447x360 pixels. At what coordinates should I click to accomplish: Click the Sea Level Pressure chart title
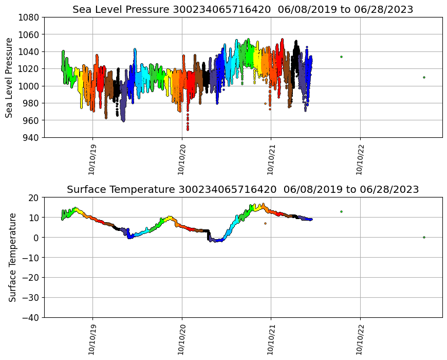pos(243,10)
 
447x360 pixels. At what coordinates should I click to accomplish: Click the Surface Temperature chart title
pos(243,190)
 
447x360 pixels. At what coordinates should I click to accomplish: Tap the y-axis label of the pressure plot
pos(9,77)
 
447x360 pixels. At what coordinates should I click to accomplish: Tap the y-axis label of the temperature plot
pos(12,257)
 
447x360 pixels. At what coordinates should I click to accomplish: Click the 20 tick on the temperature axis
pos(34,197)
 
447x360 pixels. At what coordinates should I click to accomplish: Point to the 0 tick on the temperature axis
pos(36,238)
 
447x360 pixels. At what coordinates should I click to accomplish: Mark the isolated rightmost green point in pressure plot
pos(424,77)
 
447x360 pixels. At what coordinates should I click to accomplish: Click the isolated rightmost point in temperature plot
pos(424,237)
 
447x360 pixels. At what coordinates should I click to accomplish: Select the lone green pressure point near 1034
pos(341,57)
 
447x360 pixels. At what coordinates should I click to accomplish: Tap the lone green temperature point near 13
pos(341,211)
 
